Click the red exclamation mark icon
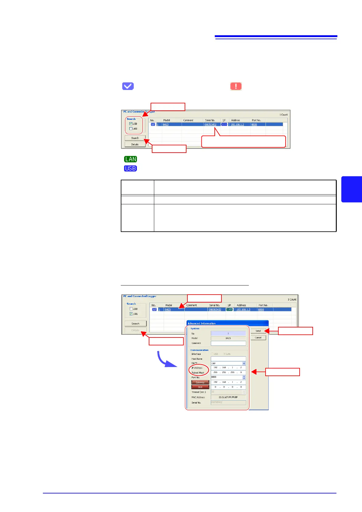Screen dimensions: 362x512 pos(236,86)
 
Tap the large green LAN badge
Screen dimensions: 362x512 pos(131,159)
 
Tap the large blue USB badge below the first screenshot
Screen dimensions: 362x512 pos(131,168)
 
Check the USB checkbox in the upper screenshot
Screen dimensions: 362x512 pos(131,124)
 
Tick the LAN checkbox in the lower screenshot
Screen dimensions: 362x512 pos(131,314)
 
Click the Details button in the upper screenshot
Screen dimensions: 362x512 pos(135,144)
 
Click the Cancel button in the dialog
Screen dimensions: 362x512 pos(258,338)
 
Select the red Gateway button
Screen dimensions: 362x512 pos(200,382)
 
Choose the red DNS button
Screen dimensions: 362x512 pos(200,387)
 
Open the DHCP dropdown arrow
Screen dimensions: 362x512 pos(244,363)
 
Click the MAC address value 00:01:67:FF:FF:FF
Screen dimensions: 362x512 pos(228,397)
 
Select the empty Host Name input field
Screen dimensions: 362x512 pos(228,359)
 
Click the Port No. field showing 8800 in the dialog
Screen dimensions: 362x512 pos(226,377)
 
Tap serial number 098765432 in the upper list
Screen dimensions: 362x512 pos(211,124)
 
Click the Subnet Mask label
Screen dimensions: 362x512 pos(198,373)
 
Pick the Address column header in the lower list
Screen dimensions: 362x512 pos(241,305)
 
